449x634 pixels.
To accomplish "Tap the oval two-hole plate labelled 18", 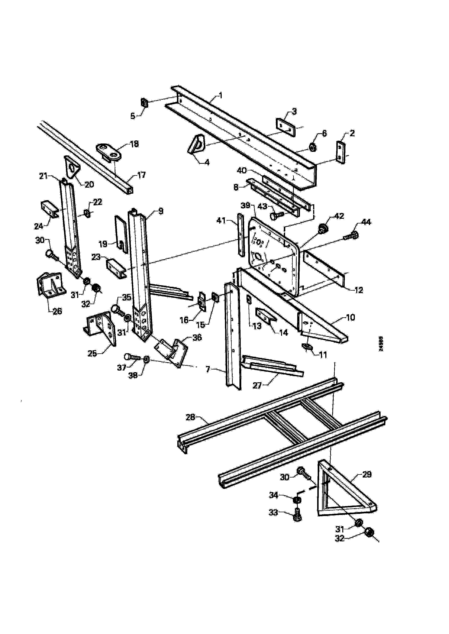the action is [x=109, y=152].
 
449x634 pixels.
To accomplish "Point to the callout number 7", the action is [x=208, y=369].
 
